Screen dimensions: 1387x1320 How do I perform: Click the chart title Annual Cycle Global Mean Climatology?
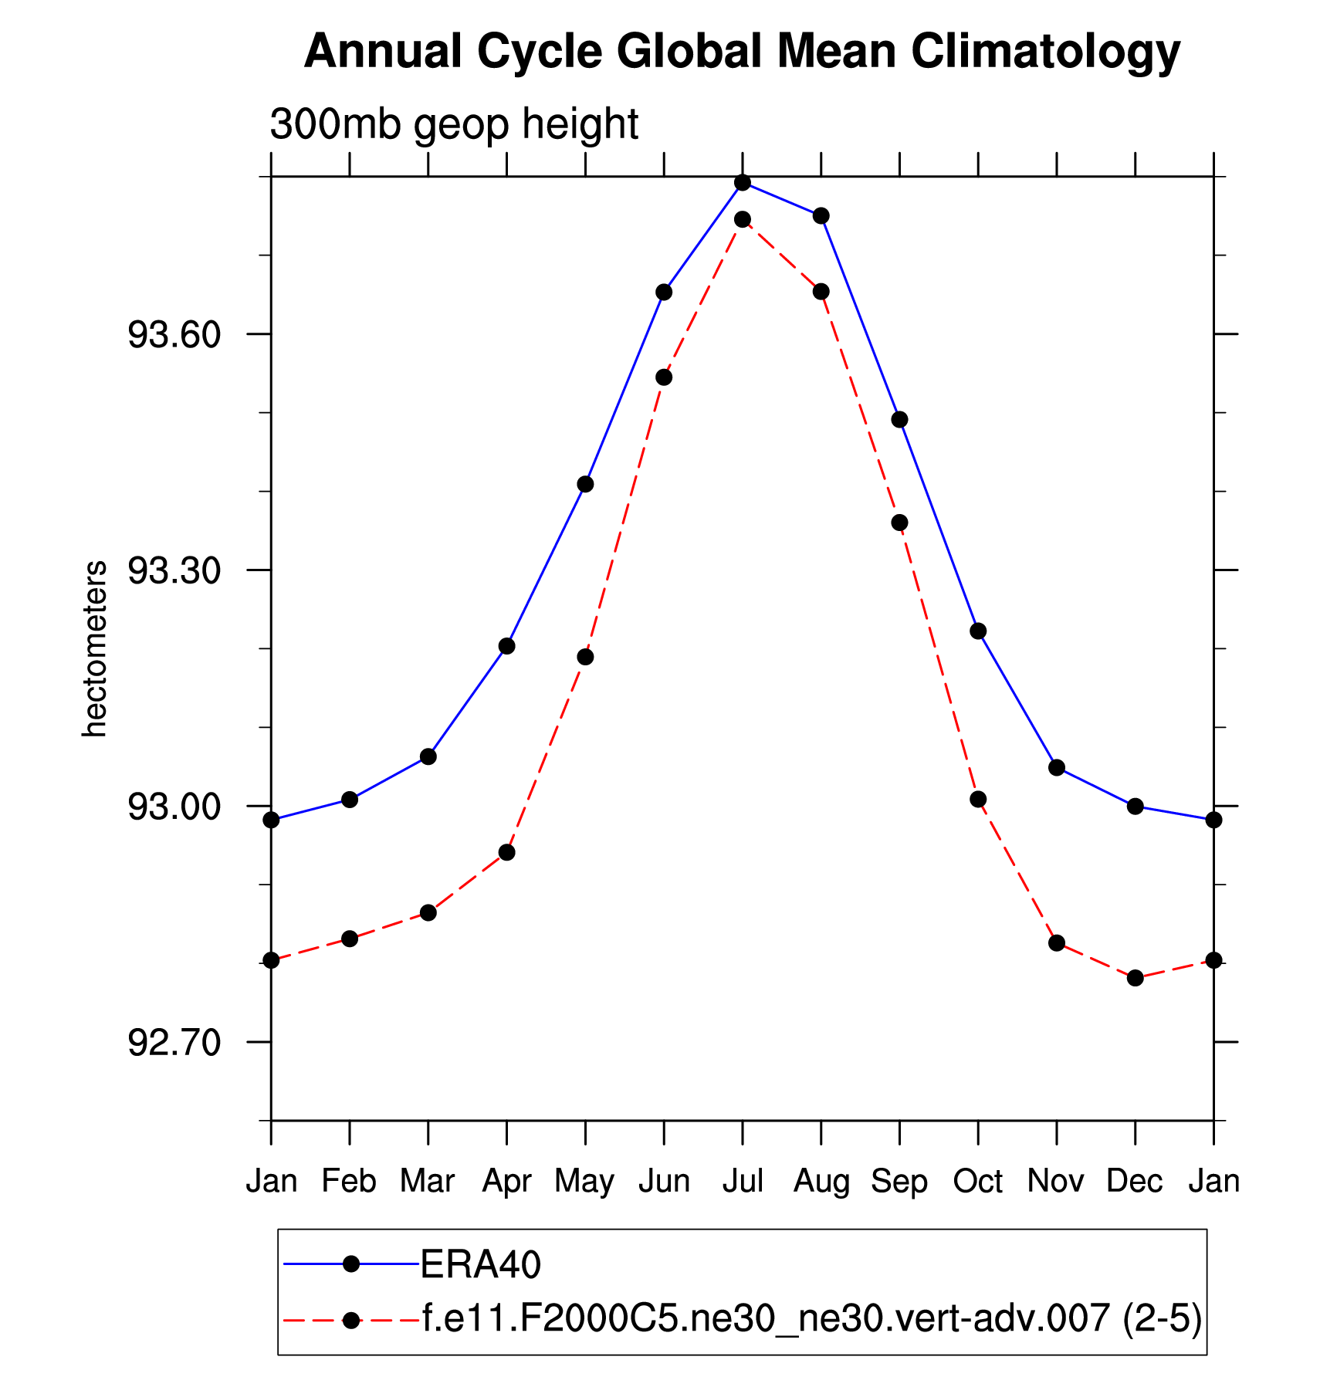coord(742,52)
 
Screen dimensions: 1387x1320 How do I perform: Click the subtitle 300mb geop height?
coord(454,124)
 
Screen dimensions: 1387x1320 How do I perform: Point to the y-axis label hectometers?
coord(94,648)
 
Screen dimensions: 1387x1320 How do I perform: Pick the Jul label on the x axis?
coord(743,1182)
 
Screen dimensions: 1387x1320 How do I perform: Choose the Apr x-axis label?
coord(506,1182)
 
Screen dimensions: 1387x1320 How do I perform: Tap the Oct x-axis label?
coord(978,1182)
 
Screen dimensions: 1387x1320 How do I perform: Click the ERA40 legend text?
coord(480,1265)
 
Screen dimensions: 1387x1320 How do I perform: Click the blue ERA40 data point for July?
coord(743,183)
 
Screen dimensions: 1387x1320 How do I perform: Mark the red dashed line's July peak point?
coord(743,219)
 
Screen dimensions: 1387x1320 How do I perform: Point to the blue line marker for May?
coord(585,484)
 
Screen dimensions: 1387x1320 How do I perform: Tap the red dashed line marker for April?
coord(506,852)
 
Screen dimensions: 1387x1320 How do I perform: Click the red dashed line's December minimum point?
coord(1135,978)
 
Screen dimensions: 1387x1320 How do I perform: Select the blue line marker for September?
coord(899,420)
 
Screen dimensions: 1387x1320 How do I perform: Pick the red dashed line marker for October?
coord(978,799)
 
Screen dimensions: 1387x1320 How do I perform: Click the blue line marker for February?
coord(350,800)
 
